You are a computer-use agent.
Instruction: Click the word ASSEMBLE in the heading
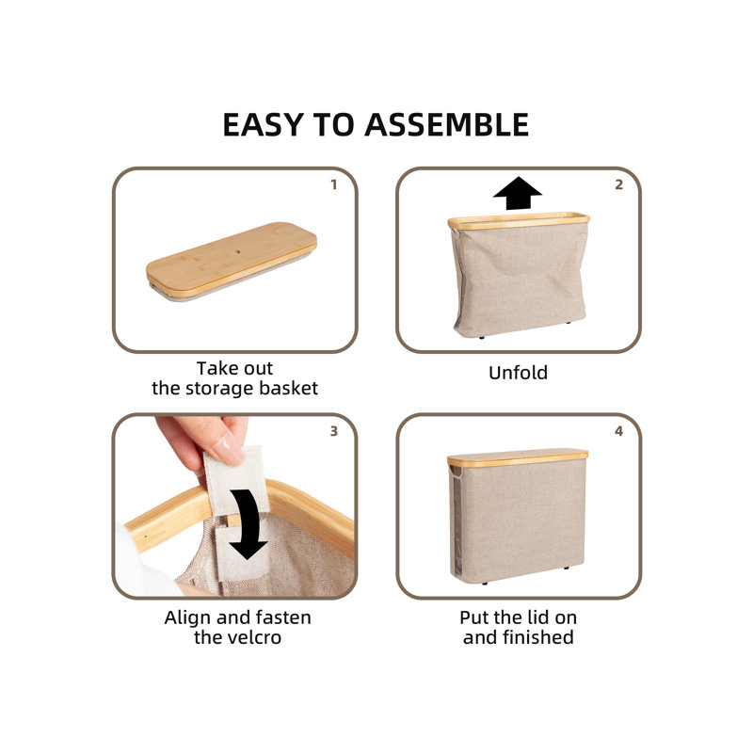coord(446,125)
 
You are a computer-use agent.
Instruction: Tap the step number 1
coord(334,184)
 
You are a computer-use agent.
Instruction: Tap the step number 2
coord(618,184)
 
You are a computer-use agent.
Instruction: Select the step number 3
coord(334,431)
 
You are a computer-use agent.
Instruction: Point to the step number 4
coord(618,431)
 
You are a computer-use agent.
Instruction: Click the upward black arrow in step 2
coord(517,193)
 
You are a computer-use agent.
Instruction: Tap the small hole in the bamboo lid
coord(236,250)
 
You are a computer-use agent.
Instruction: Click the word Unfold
coord(518,373)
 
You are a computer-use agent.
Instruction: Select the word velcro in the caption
coord(259,637)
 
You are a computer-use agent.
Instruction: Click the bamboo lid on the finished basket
coord(517,457)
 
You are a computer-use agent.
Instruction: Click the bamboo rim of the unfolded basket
coord(519,220)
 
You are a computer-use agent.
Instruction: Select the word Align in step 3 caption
coord(187,617)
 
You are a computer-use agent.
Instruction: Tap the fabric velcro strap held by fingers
coord(235,480)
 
